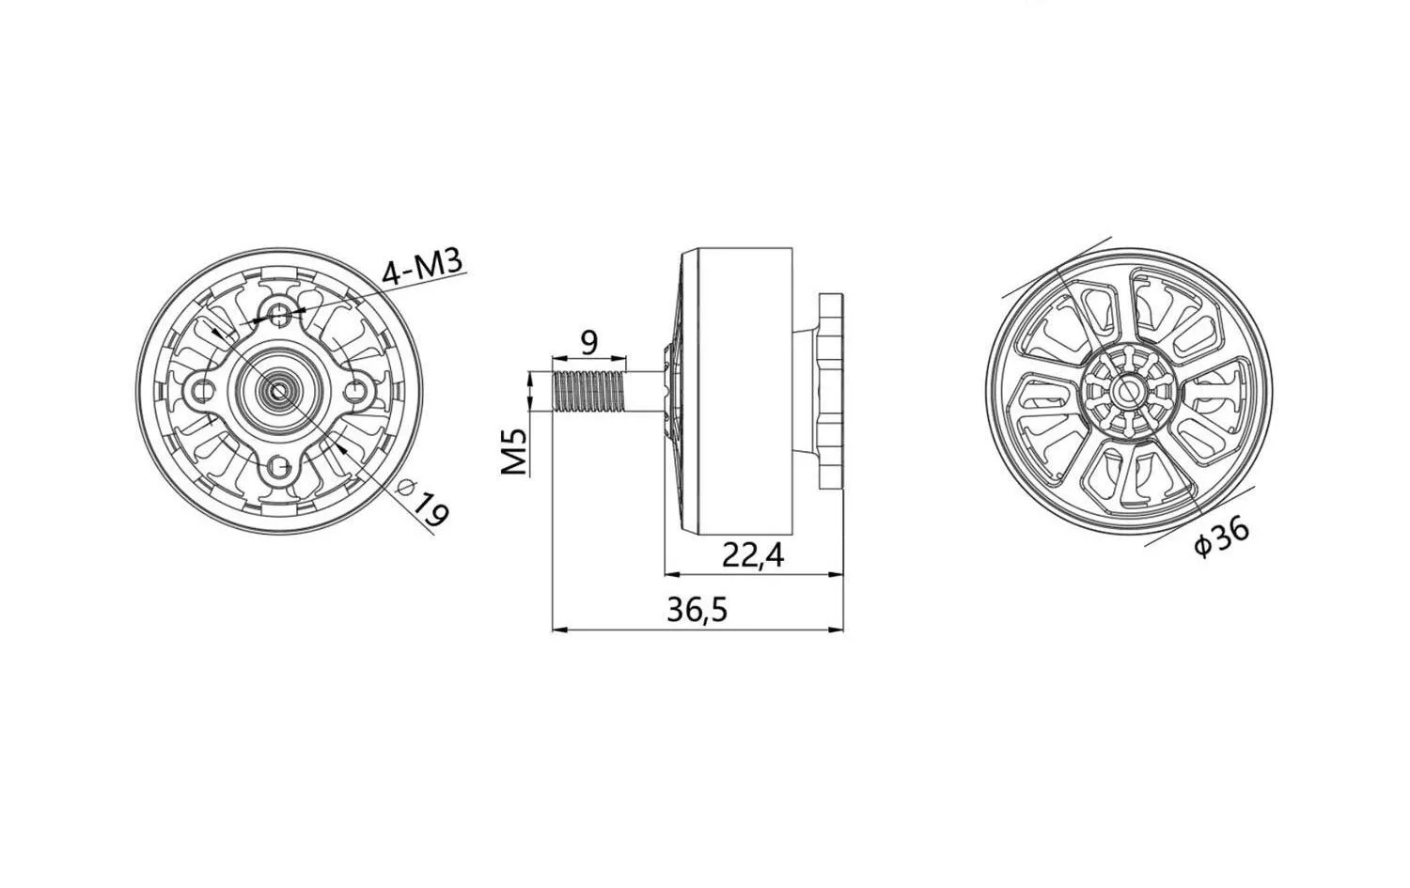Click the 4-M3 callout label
(x=422, y=266)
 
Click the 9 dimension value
(x=588, y=343)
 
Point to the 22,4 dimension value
(x=753, y=555)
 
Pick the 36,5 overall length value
(x=697, y=610)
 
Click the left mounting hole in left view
(x=201, y=391)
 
